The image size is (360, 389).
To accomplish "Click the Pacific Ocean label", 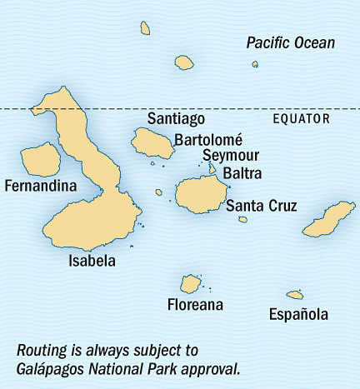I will tap(291, 42).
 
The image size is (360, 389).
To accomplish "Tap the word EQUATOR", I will tap(302, 119).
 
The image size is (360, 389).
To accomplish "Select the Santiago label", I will tap(176, 119).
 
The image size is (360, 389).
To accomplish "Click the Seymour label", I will tap(231, 157).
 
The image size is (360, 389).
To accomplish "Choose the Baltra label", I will tap(242, 173).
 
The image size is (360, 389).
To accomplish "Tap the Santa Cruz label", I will tap(262, 206).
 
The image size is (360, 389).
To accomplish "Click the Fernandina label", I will tap(39, 185).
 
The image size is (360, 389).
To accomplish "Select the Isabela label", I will tap(92, 261).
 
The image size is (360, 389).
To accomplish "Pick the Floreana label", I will tap(195, 304).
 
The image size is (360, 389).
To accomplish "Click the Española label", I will tap(298, 314).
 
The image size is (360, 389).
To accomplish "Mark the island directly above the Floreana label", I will tap(192, 283).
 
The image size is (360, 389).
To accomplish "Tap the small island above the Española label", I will tap(294, 294).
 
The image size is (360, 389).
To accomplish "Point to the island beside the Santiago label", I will tap(152, 143).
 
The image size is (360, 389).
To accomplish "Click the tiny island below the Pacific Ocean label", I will tap(255, 64).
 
